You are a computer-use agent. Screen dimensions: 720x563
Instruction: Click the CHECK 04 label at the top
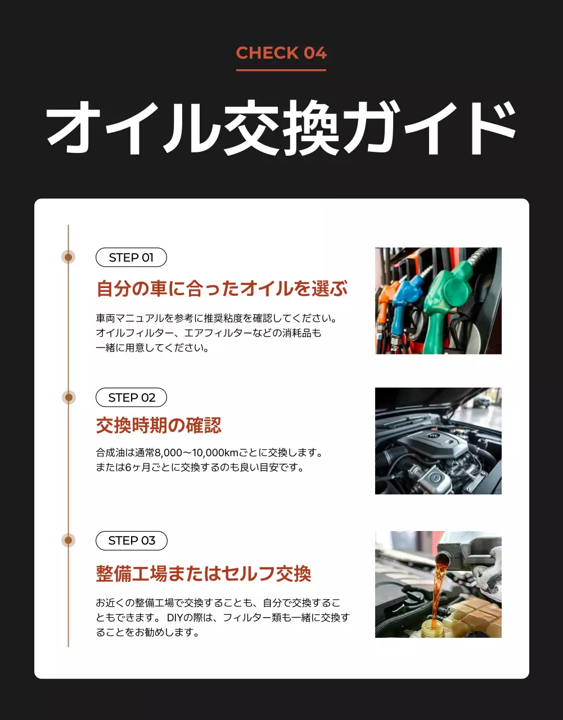point(281,53)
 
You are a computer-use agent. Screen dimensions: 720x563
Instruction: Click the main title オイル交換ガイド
point(281,128)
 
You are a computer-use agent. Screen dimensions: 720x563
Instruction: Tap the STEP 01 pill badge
point(131,258)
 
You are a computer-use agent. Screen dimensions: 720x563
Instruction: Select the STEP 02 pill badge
point(131,398)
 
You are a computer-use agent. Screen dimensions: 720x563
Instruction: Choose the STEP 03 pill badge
point(131,541)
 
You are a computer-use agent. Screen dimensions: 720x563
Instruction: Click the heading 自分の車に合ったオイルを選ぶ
point(222,289)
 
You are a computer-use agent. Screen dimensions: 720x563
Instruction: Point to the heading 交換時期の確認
point(159,425)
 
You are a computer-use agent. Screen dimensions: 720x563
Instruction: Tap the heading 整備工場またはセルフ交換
point(204,574)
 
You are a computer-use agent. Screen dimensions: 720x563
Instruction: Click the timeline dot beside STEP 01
point(69,257)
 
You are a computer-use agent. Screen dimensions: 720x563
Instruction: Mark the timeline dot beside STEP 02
point(69,398)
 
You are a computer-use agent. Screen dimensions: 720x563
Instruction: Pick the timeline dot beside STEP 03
point(69,541)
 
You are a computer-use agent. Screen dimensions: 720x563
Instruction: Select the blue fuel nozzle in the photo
point(406,298)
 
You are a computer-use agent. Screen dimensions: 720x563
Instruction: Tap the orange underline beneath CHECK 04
point(281,70)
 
